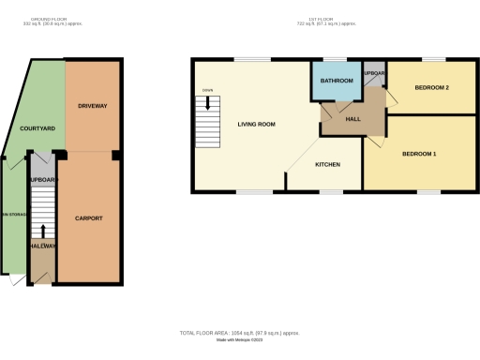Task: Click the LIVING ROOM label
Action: coord(256,124)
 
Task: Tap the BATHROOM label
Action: coord(337,82)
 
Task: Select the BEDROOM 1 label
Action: coord(420,153)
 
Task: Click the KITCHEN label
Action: coord(327,165)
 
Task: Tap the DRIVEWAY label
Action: coord(92,106)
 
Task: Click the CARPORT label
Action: coord(88,217)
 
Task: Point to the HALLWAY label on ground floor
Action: coord(42,247)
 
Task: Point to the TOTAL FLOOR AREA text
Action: coord(239,333)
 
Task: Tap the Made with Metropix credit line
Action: coord(239,341)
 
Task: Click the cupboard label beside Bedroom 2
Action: coord(374,73)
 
